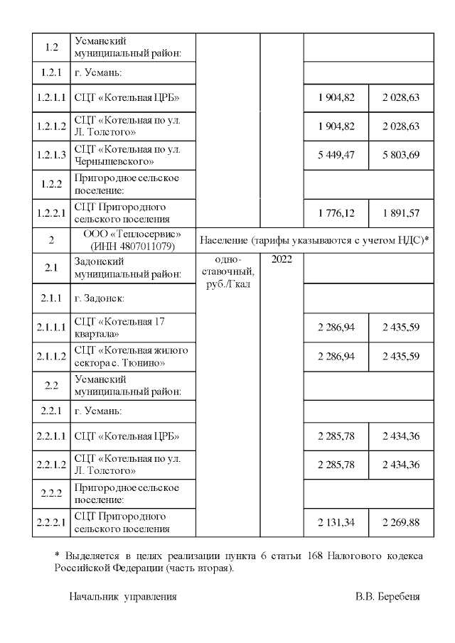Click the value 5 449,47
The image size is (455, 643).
click(x=336, y=154)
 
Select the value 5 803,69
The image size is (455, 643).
click(x=401, y=154)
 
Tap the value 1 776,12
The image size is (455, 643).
click(x=336, y=211)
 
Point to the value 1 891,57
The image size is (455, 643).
click(x=401, y=211)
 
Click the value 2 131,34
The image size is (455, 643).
click(x=336, y=522)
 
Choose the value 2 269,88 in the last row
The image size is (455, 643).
click(x=401, y=522)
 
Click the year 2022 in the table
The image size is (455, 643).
click(x=282, y=261)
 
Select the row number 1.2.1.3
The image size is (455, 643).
click(x=52, y=155)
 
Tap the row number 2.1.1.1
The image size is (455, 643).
click(x=52, y=328)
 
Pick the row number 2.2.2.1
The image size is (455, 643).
click(x=52, y=522)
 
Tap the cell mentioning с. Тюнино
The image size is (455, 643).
click(x=131, y=357)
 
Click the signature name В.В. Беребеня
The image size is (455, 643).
click(x=387, y=596)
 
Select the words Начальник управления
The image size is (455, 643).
click(x=123, y=596)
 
